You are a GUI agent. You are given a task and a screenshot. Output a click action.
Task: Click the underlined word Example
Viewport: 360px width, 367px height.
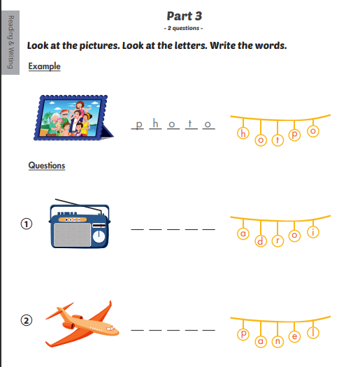tap(44, 66)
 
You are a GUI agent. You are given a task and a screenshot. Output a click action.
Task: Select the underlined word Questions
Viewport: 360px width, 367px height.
tap(46, 166)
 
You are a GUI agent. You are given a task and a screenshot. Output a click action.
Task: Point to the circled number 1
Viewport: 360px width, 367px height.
tap(25, 224)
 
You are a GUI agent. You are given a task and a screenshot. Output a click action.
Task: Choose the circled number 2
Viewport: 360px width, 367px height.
tap(25, 321)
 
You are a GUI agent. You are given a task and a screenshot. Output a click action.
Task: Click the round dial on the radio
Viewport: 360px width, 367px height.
tap(99, 236)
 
